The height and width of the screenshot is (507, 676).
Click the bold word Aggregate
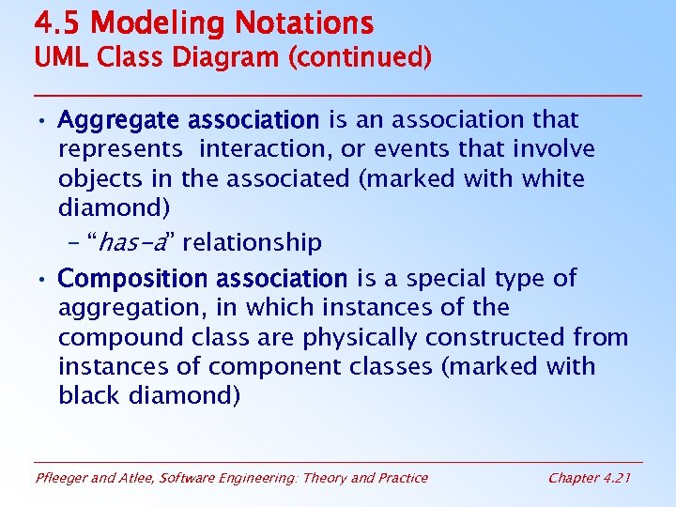coord(120,120)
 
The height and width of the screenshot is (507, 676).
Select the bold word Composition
coord(132,279)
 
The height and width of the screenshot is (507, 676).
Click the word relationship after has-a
coord(253,243)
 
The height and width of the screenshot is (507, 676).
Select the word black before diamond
coord(92,395)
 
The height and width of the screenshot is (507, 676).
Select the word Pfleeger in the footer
coord(63,478)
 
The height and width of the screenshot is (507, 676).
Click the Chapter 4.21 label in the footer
coord(588,478)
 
